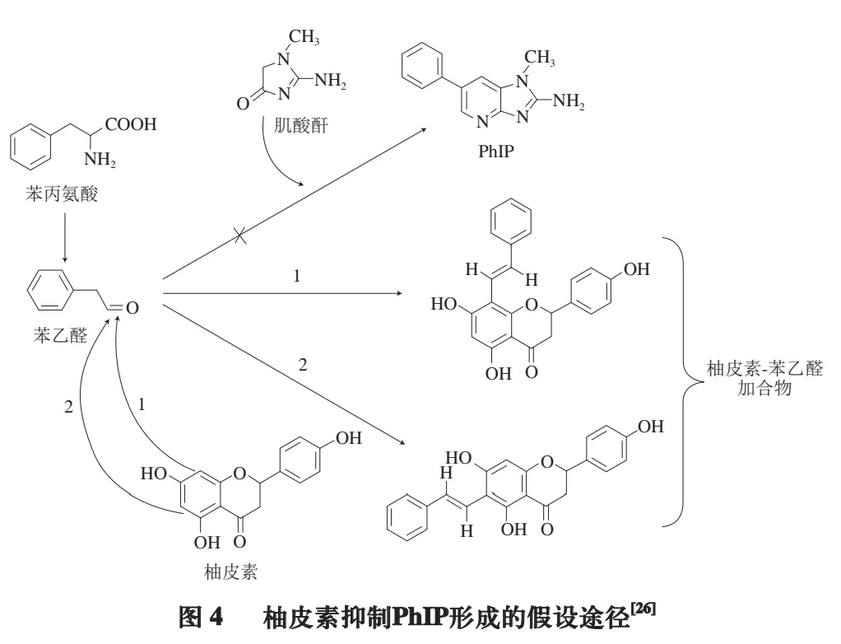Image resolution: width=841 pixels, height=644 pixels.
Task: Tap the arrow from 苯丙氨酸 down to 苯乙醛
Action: [62, 235]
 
